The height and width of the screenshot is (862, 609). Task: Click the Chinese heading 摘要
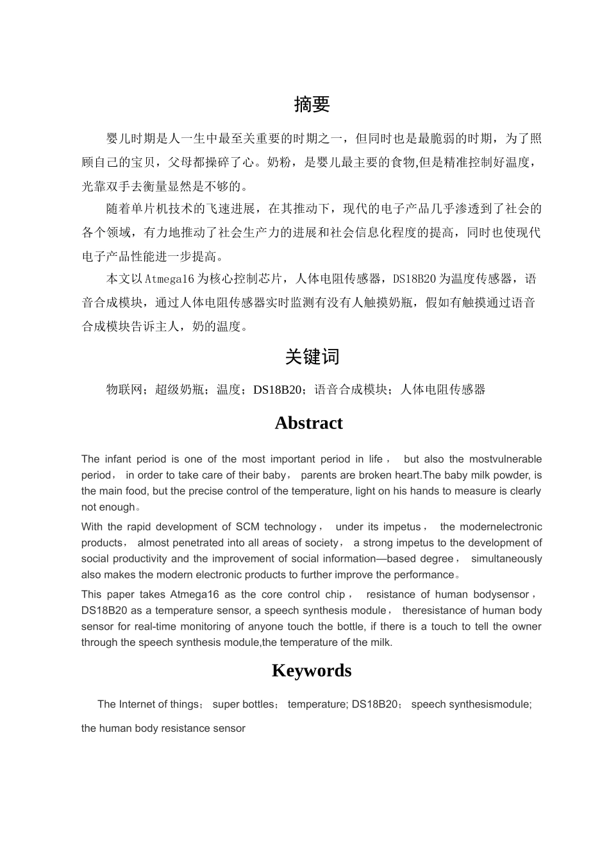coord(312,105)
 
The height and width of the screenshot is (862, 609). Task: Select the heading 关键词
coord(312,357)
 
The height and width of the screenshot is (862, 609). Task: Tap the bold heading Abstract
coord(308,423)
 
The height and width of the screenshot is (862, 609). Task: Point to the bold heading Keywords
coord(312,670)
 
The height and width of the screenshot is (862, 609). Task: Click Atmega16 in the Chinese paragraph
coord(169,279)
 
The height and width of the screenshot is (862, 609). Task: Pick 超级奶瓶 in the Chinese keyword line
coord(179,389)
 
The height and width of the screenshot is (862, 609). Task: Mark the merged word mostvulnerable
coord(505,459)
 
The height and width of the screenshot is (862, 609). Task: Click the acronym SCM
coord(247,527)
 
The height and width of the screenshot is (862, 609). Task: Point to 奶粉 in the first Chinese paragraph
coord(278,162)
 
